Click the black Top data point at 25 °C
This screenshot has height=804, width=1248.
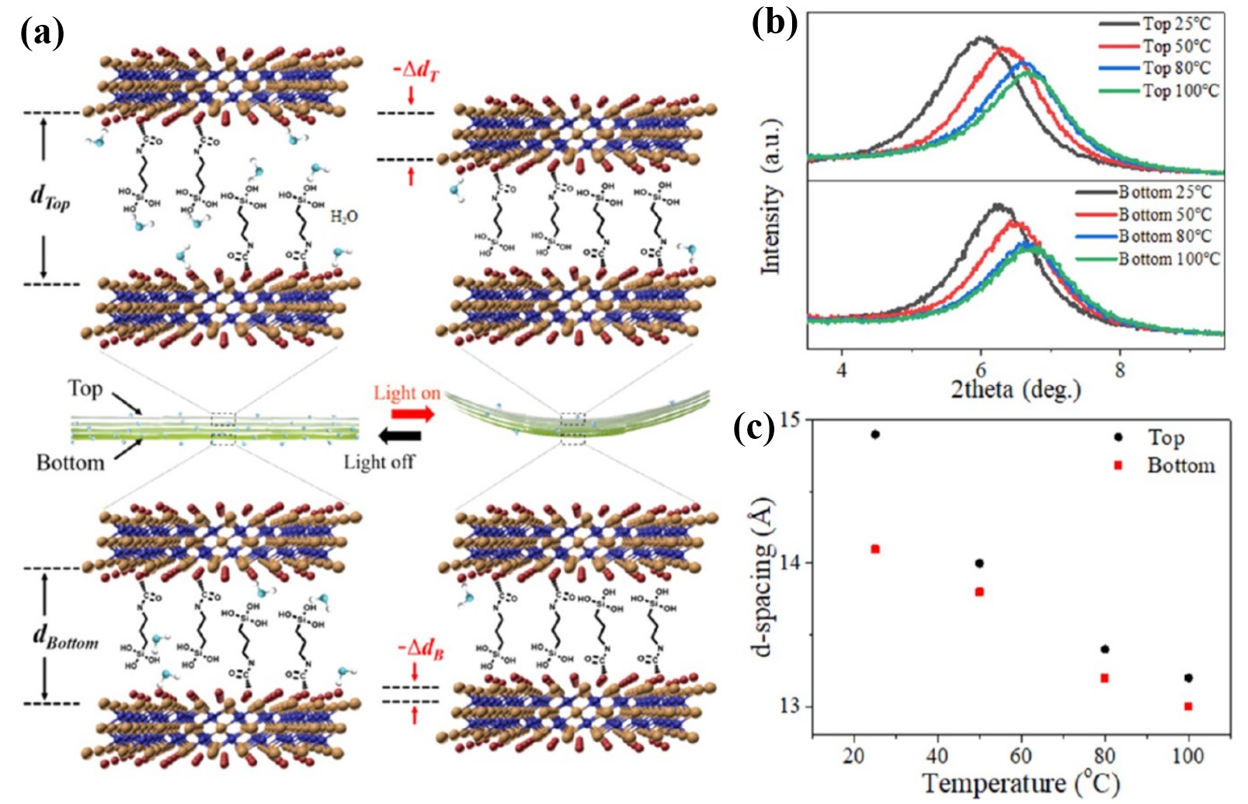click(x=875, y=434)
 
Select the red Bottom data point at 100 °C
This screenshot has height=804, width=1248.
click(x=1188, y=706)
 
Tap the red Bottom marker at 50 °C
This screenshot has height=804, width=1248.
click(x=979, y=592)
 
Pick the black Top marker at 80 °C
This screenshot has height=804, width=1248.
click(x=1105, y=649)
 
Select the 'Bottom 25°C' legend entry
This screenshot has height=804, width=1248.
click(x=1164, y=192)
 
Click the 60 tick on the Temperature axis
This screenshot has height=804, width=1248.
click(x=1021, y=755)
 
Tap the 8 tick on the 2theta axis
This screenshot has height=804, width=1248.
click(x=1119, y=370)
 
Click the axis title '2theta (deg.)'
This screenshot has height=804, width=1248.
click(x=1016, y=388)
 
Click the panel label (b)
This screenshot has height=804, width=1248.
click(x=774, y=23)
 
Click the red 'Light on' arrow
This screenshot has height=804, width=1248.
click(x=415, y=414)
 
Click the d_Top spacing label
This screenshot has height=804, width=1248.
click(x=50, y=197)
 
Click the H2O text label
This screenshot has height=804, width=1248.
click(x=344, y=216)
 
